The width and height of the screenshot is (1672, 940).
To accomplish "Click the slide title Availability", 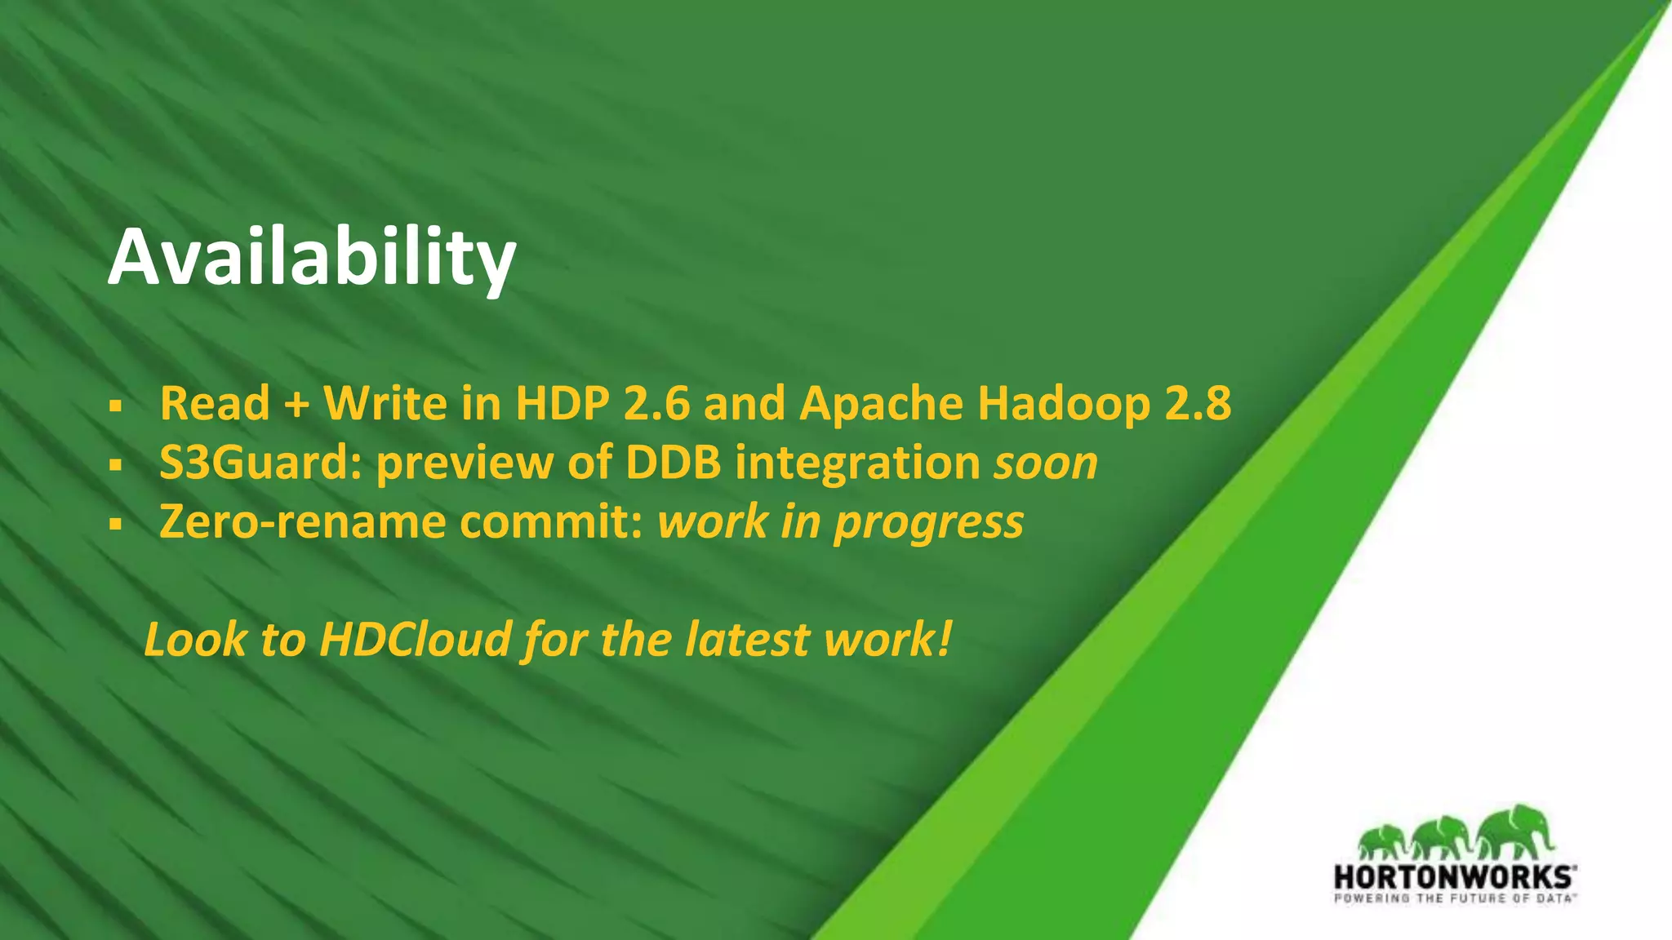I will tap(311, 259).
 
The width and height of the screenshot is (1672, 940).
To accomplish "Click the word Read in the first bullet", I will tap(215, 403).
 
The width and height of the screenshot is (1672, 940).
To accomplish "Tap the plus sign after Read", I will tap(296, 405).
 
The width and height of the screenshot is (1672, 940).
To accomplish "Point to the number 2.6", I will tap(656, 403).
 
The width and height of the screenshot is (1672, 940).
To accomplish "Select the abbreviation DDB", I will tap(674, 463).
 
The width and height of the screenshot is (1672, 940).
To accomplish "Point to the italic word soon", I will tap(1046, 463).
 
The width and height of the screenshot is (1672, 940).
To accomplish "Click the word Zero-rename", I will tap(302, 521).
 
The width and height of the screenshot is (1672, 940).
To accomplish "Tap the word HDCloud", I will tap(416, 639).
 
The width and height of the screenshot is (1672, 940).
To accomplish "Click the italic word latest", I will tap(747, 639).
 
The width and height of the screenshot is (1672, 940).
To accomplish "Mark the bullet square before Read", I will tap(115, 406).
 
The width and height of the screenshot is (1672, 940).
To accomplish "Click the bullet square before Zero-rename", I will tap(115, 524).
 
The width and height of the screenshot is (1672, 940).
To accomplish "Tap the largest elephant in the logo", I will tap(1514, 832).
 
